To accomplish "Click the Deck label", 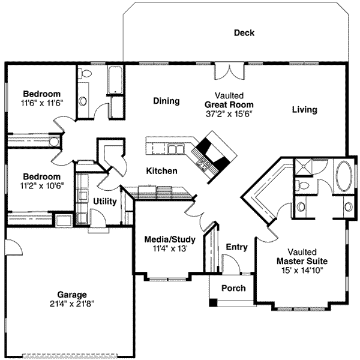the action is tap(244, 33).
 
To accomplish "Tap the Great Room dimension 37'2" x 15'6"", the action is tap(229, 114).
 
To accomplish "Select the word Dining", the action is tap(166, 101).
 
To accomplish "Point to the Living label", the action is tap(304, 110).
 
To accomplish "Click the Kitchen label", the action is tap(161, 171).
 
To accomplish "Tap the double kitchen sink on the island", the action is tap(176, 149).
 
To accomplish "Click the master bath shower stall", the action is tap(303, 167).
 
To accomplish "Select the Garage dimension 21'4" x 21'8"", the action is tap(72, 304).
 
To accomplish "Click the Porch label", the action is tap(233, 288).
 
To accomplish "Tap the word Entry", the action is tap(237, 247).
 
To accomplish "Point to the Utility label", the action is tap(105, 202).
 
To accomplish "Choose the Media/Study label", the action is tap(170, 239).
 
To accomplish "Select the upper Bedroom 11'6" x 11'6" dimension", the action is tap(42, 103).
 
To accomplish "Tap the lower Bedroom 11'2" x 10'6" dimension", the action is tap(42, 185).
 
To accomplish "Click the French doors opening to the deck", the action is tap(229, 72).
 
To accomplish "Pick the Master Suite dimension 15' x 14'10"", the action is tap(302, 270).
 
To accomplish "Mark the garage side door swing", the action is tap(14, 247).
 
